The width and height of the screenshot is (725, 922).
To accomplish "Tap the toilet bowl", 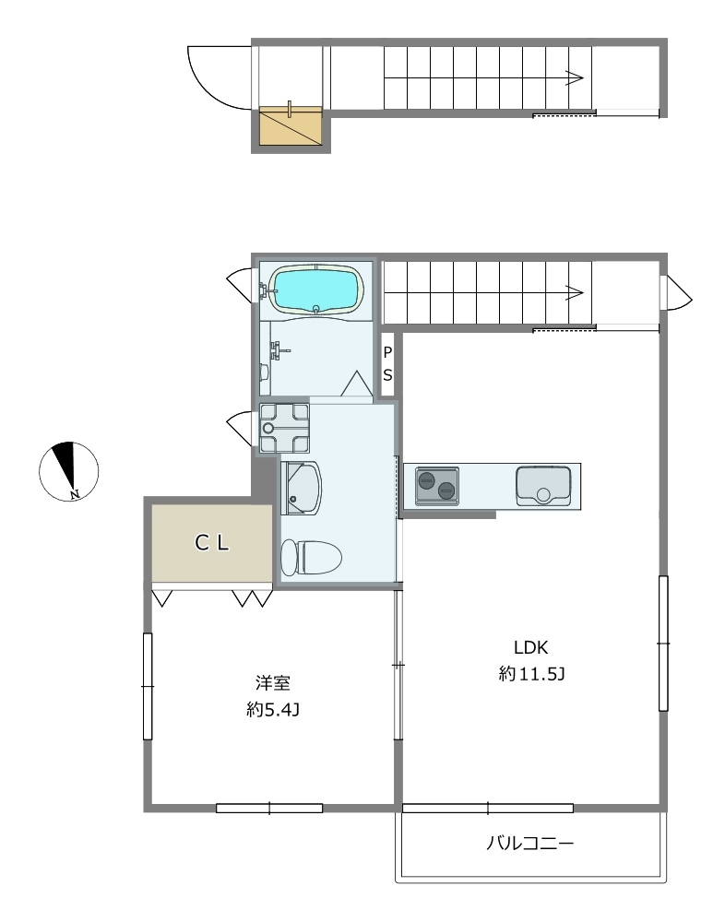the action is [x=312, y=558].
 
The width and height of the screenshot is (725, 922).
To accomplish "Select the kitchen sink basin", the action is [x=543, y=486].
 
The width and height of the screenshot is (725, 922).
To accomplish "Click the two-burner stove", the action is [x=436, y=486].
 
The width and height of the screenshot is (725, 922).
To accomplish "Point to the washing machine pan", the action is [x=284, y=428].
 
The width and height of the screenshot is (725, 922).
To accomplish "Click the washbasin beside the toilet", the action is [x=302, y=488].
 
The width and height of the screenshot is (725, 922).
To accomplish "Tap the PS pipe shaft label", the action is [x=387, y=364].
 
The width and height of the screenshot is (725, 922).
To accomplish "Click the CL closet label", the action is [x=212, y=543].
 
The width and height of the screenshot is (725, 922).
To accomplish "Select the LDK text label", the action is [x=530, y=647].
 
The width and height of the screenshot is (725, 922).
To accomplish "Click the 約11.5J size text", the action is [x=531, y=674].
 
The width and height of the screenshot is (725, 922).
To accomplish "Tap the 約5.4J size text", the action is [x=273, y=710].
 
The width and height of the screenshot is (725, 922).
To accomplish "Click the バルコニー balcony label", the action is [x=529, y=844].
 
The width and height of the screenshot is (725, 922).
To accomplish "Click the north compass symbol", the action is [x=69, y=471].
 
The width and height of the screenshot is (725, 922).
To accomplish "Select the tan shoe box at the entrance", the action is [x=291, y=125].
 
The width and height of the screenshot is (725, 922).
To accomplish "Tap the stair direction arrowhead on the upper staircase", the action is [x=575, y=77].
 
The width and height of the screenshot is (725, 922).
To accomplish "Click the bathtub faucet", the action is [x=266, y=290].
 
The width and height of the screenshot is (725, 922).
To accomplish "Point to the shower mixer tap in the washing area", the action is [x=278, y=351].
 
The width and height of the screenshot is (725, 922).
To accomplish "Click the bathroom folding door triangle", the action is [x=357, y=384].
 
